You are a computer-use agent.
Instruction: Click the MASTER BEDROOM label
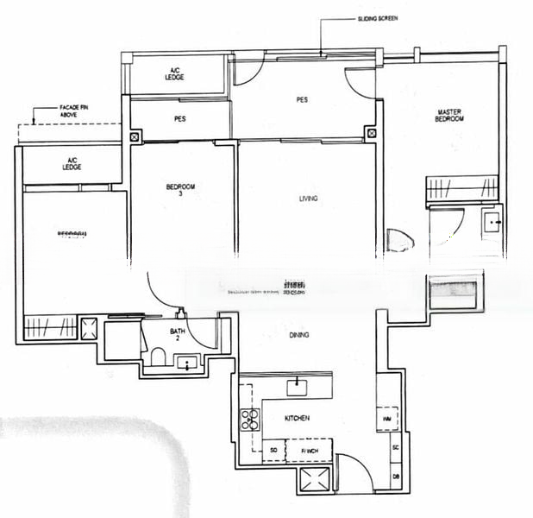coord(449,115)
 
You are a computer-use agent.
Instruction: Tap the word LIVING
coord(308,199)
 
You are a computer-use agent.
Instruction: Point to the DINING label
coord(299,335)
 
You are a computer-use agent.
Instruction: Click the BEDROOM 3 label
coord(180,191)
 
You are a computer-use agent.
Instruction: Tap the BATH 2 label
coord(178,335)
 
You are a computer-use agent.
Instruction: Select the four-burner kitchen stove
coord(250,420)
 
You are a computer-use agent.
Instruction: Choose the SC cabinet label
coord(395,448)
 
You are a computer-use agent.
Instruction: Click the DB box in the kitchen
coord(395,476)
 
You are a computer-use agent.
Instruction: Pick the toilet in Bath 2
coord(158,357)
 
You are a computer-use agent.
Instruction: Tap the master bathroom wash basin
coord(492,222)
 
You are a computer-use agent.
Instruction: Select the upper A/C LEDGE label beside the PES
coord(175,74)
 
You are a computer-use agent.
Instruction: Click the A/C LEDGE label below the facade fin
coord(72,163)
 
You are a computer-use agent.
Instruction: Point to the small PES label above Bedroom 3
coord(180,118)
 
